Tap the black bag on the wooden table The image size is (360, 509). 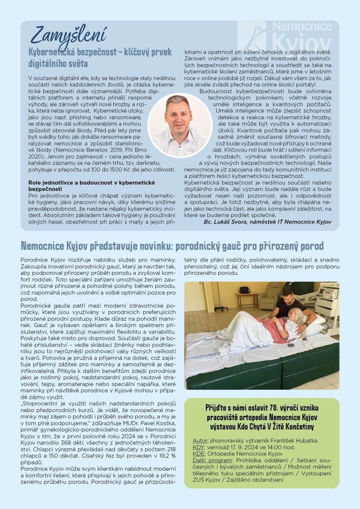tap(245, 290)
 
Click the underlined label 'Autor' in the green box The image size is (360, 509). tap(199, 440)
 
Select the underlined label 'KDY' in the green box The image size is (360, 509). tap(198, 447)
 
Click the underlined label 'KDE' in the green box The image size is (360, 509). tap(198, 454)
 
